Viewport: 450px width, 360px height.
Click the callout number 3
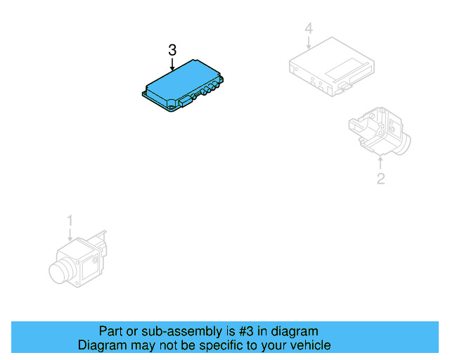(172, 50)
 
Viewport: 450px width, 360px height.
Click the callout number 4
(308, 28)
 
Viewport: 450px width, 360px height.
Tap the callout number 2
(380, 179)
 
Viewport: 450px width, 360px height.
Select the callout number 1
(70, 221)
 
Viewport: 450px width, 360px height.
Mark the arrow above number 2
(380, 163)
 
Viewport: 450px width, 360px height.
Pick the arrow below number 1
(70, 236)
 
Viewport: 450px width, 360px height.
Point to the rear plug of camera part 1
(102, 243)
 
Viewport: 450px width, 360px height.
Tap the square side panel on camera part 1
(90, 262)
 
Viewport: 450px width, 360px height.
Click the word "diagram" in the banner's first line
(295, 331)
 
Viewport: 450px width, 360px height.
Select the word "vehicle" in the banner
(307, 345)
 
